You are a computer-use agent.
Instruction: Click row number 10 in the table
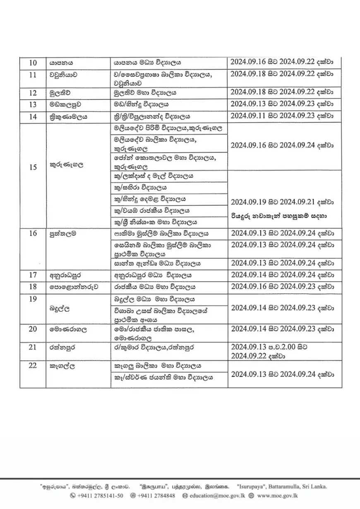click(33, 63)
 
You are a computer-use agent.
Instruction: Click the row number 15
click(33, 167)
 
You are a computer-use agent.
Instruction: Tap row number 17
click(33, 275)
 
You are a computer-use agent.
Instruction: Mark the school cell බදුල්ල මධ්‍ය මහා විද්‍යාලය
click(154, 299)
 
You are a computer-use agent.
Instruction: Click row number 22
click(33, 366)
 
